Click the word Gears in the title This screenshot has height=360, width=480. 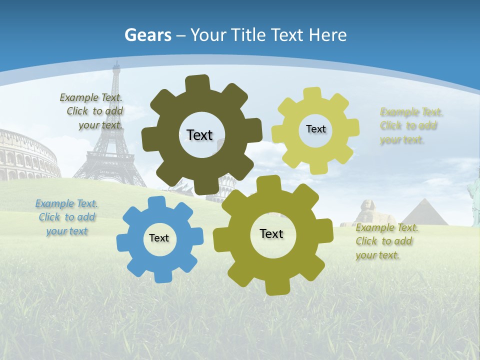[147, 35]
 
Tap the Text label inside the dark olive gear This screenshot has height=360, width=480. [199, 135]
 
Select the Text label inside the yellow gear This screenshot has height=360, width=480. [315, 129]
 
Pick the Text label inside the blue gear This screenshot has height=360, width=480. [159, 238]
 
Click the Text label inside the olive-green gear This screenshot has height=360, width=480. [271, 233]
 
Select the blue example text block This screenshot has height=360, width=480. [66, 217]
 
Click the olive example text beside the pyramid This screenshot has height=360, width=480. [386, 241]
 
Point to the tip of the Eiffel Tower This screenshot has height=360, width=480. [116, 62]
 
